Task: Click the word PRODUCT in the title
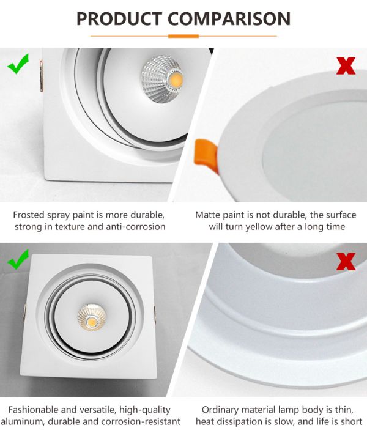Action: [x=119, y=19]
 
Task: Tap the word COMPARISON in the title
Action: [x=229, y=19]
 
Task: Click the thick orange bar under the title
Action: [x=183, y=36]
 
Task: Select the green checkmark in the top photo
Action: [x=18, y=64]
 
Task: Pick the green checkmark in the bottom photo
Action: [x=18, y=259]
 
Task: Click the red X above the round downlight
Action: [x=346, y=65]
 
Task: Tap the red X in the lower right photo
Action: [x=346, y=261]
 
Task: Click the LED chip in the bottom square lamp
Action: [x=92, y=322]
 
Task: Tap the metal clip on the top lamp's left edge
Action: [x=41, y=76]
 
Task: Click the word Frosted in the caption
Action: [x=29, y=215]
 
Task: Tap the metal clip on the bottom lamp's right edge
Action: [x=155, y=315]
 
